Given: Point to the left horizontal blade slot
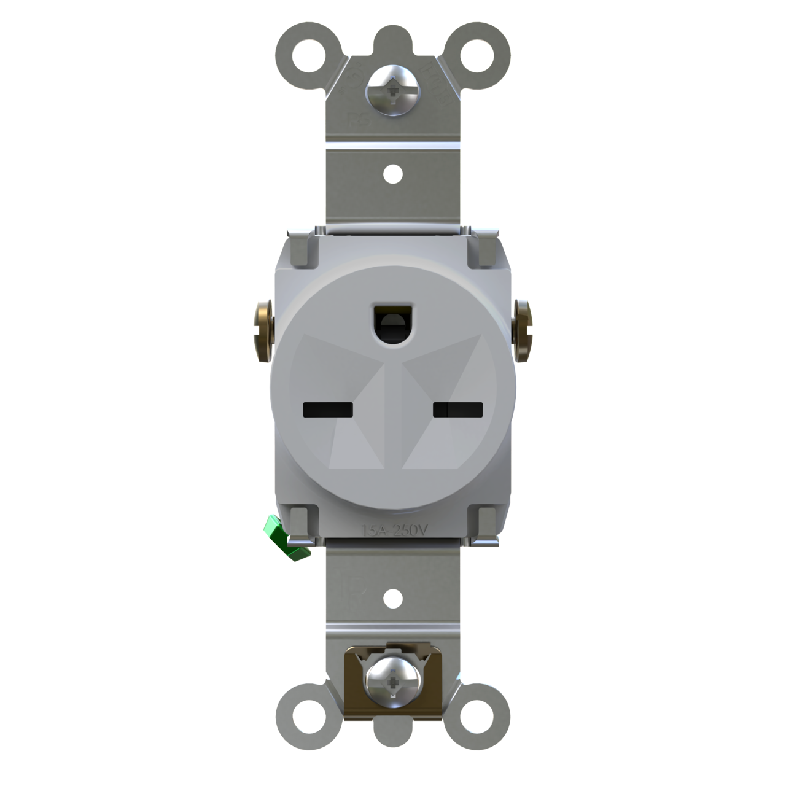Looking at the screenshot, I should click(329, 409).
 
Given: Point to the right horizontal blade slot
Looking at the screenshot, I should click(458, 409).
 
